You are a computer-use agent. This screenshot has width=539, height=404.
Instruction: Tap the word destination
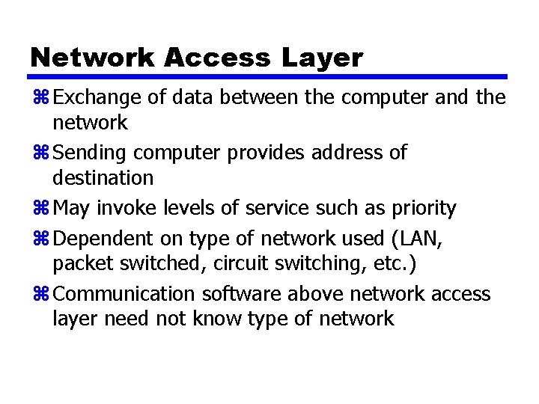tap(103, 177)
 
